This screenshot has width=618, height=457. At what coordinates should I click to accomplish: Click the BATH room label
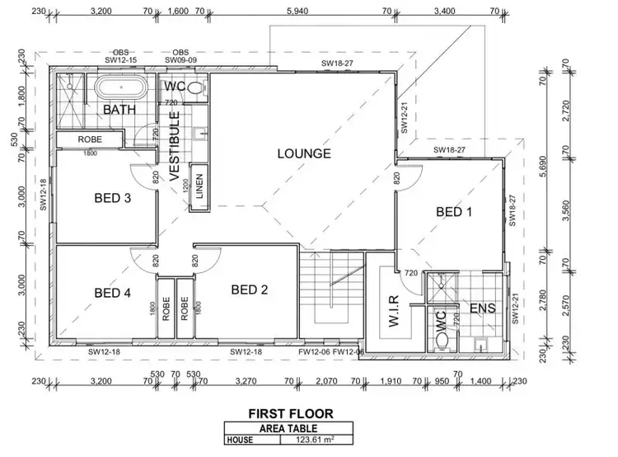(118, 110)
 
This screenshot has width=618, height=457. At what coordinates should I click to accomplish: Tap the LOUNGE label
(303, 153)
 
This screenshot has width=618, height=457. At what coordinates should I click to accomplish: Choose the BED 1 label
(454, 212)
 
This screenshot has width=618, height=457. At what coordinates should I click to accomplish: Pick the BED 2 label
(250, 290)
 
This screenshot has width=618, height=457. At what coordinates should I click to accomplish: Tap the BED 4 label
(113, 292)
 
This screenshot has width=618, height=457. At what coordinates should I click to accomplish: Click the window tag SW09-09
(180, 60)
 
